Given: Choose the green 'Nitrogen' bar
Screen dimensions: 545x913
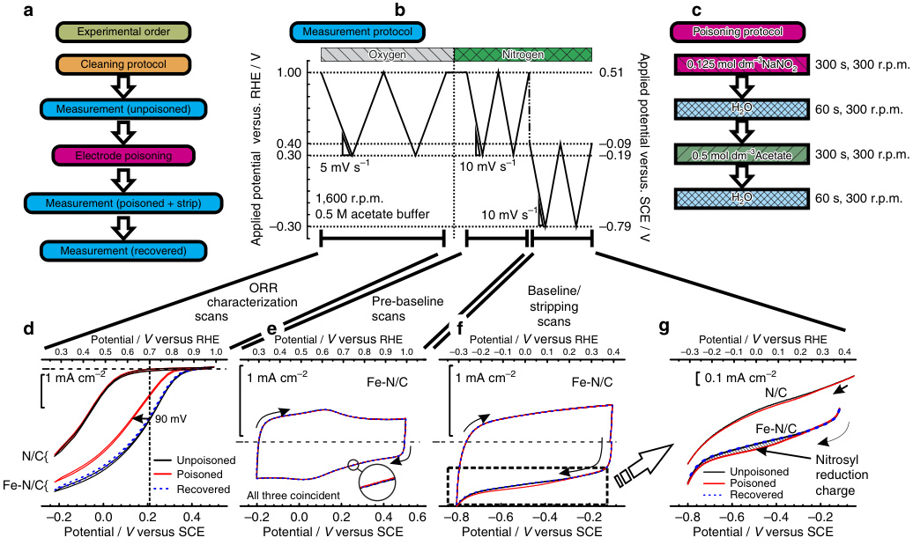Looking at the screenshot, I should click(523, 55).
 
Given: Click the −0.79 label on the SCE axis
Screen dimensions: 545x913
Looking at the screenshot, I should click(613, 227).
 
